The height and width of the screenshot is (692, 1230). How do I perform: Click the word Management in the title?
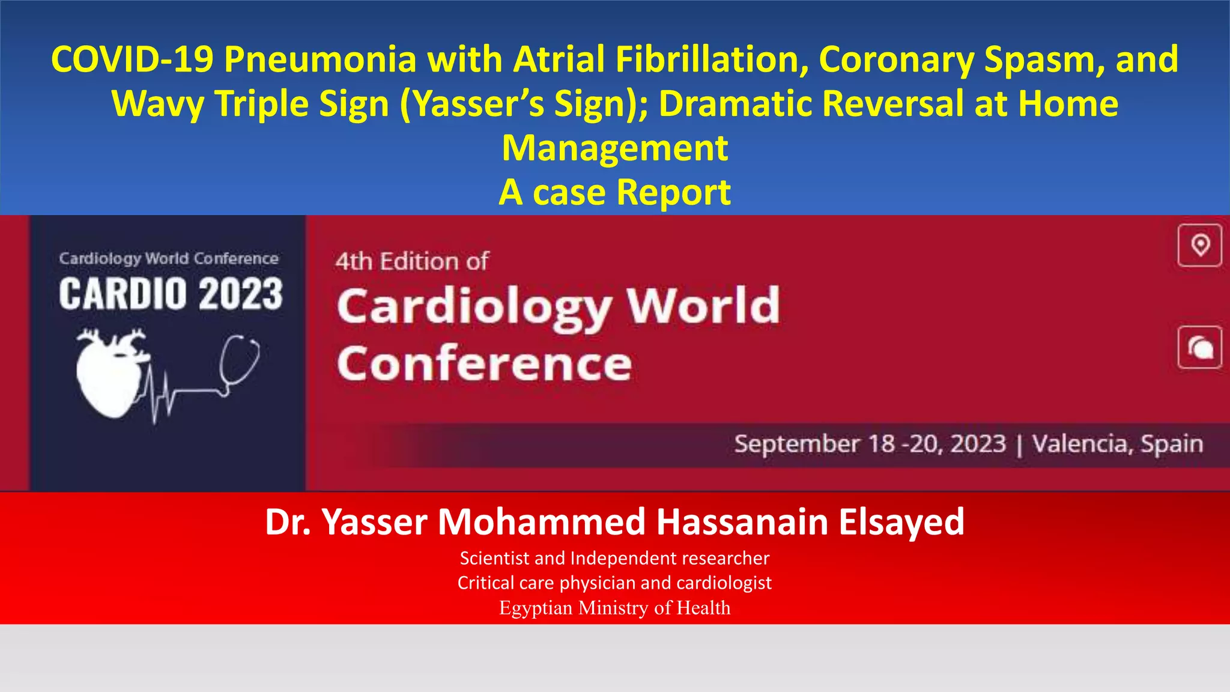click(x=614, y=148)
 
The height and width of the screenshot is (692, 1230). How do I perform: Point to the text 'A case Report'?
click(x=614, y=193)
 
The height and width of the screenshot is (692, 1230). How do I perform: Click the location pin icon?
click(x=1199, y=245)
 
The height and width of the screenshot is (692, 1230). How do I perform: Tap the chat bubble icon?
click(x=1199, y=347)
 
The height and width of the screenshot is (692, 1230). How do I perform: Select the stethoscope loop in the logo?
click(x=239, y=360)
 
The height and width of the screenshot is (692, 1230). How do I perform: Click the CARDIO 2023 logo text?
click(x=171, y=294)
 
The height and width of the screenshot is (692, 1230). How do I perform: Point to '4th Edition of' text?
click(x=412, y=261)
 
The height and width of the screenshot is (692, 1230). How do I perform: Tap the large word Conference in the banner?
click(x=484, y=364)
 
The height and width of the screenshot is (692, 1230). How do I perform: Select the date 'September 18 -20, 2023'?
click(x=870, y=444)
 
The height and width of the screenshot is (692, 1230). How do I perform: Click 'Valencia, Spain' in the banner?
click(x=1117, y=444)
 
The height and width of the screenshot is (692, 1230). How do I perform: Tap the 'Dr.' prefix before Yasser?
click(x=287, y=521)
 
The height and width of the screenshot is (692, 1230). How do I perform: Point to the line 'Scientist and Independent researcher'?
click(x=614, y=558)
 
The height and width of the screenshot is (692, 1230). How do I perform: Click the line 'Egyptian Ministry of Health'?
click(x=614, y=608)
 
